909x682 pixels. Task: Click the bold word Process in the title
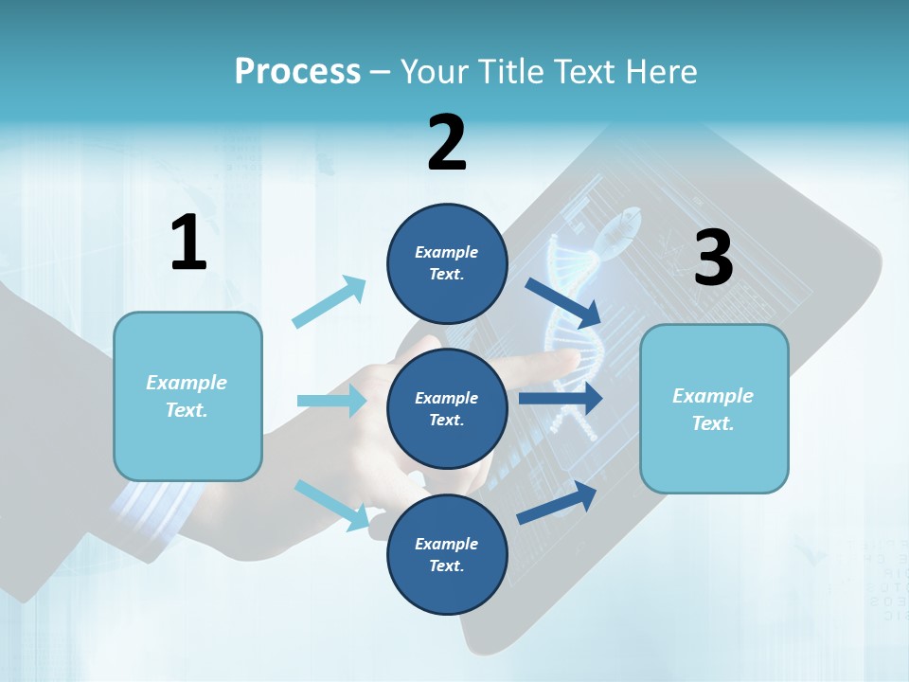297,72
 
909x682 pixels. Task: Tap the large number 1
188,243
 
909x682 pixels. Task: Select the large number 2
447,143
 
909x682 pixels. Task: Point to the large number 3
713,258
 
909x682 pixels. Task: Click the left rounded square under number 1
187,396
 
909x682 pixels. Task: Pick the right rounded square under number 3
714,409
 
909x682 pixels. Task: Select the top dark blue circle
447,263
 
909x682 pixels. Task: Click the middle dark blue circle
447,409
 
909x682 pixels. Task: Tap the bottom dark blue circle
447,554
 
